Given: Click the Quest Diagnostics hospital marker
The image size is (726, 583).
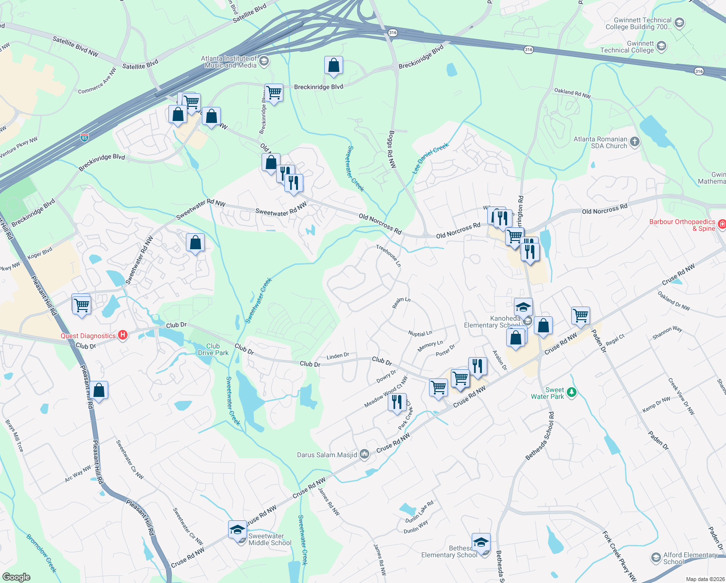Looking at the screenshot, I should click(x=123, y=335).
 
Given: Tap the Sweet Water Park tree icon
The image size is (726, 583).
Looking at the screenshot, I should click(x=572, y=392).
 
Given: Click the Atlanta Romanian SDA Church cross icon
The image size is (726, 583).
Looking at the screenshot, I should click(x=635, y=142).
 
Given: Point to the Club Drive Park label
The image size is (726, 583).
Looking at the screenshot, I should click(x=213, y=349).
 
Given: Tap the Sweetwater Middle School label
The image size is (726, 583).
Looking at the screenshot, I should click(x=270, y=539).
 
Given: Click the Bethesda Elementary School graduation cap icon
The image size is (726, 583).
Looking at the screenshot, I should click(x=481, y=542).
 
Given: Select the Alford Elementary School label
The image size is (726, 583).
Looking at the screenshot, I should click(x=690, y=558).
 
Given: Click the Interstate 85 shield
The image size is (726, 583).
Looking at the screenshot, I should click(x=84, y=137).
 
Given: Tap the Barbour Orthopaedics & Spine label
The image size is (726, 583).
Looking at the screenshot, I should click(x=682, y=225).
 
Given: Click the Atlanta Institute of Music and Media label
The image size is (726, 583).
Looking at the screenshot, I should click(x=230, y=62).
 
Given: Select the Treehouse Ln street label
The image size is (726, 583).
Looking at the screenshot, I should click(x=389, y=256).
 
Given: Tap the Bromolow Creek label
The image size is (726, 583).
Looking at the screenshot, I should click(x=41, y=553).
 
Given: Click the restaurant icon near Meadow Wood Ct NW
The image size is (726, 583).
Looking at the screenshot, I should click(x=397, y=402).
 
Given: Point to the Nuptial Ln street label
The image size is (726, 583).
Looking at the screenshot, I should click(x=420, y=334).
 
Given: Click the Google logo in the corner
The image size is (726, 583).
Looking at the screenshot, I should click(x=16, y=577).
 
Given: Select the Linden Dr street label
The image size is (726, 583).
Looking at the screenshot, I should click(x=338, y=356).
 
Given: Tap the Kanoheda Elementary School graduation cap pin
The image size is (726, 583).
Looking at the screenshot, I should click(x=523, y=307).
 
